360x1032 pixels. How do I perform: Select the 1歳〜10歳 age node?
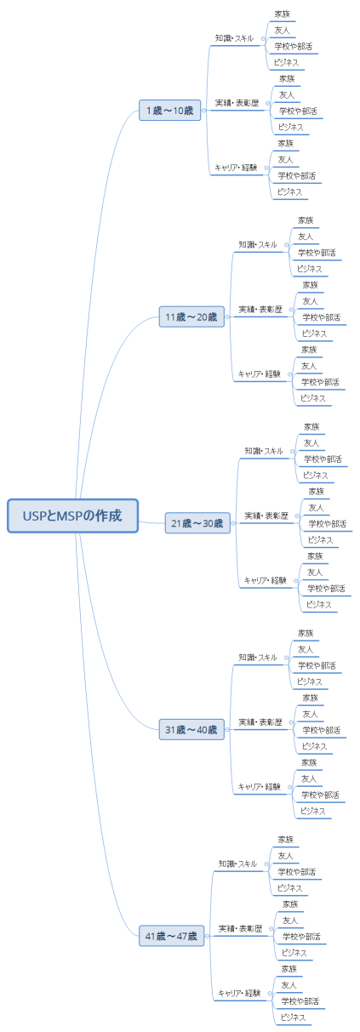click(x=169, y=111)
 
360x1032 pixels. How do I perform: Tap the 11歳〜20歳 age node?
click(x=191, y=317)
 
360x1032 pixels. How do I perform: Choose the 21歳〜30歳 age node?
click(x=197, y=523)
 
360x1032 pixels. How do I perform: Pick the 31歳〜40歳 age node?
click(x=191, y=729)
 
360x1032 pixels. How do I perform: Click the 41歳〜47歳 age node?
click(x=171, y=936)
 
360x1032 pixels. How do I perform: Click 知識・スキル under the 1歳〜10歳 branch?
click(x=234, y=38)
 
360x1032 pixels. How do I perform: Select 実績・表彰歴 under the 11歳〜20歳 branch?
click(x=260, y=310)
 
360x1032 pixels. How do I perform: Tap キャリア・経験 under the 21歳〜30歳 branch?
click(x=266, y=580)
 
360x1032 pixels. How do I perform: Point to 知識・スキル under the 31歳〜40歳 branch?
click(x=258, y=658)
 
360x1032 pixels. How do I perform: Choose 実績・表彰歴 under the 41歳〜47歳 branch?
click(x=240, y=928)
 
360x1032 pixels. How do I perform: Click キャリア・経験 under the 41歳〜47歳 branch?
click(x=239, y=993)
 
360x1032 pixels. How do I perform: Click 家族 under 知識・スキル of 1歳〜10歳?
click(x=282, y=14)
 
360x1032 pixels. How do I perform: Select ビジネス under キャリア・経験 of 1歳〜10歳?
click(x=289, y=192)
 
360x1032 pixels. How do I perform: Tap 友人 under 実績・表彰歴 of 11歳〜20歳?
click(x=309, y=301)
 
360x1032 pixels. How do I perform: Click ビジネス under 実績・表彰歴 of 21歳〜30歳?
click(x=319, y=540)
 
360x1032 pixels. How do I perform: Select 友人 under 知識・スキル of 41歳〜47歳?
click(x=285, y=856)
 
